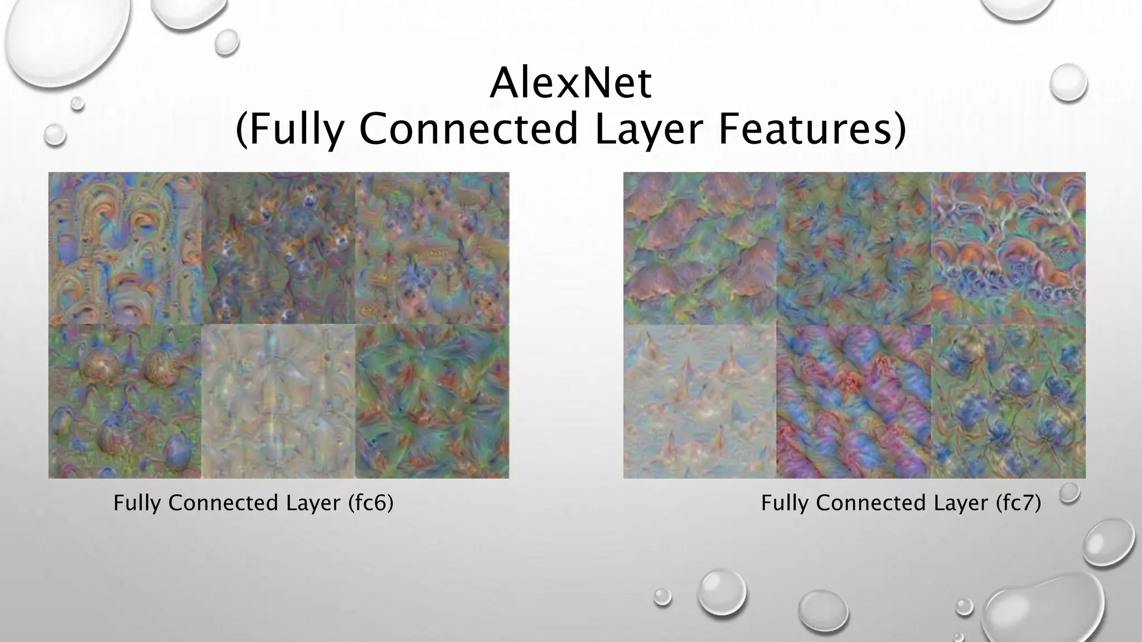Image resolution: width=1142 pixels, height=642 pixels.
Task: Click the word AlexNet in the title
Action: click(x=570, y=84)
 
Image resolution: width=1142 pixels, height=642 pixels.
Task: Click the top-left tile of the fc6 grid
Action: click(x=125, y=249)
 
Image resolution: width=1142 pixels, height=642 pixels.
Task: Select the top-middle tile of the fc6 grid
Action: click(x=278, y=249)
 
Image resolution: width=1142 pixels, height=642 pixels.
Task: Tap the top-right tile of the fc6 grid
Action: click(x=432, y=249)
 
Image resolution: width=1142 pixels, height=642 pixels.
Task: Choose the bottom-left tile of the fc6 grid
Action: click(x=125, y=402)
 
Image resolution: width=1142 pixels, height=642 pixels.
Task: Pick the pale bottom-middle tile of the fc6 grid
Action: click(x=278, y=402)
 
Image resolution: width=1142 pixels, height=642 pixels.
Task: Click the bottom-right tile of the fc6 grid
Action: click(x=432, y=402)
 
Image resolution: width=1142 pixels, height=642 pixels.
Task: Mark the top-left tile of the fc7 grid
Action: click(x=700, y=249)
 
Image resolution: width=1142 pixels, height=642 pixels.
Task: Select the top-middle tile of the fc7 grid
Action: click(x=854, y=249)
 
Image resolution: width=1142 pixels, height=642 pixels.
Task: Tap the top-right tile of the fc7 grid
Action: click(x=1008, y=249)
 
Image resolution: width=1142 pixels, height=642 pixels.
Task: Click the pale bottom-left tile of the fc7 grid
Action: click(x=700, y=402)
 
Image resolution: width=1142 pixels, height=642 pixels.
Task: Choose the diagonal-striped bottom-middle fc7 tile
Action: click(x=854, y=402)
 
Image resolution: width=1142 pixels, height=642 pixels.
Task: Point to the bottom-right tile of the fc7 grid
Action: click(x=1008, y=402)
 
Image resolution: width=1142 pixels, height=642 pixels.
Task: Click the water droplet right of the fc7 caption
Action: click(x=1069, y=493)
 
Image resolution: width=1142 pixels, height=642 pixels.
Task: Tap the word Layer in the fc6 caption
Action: click(x=313, y=503)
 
